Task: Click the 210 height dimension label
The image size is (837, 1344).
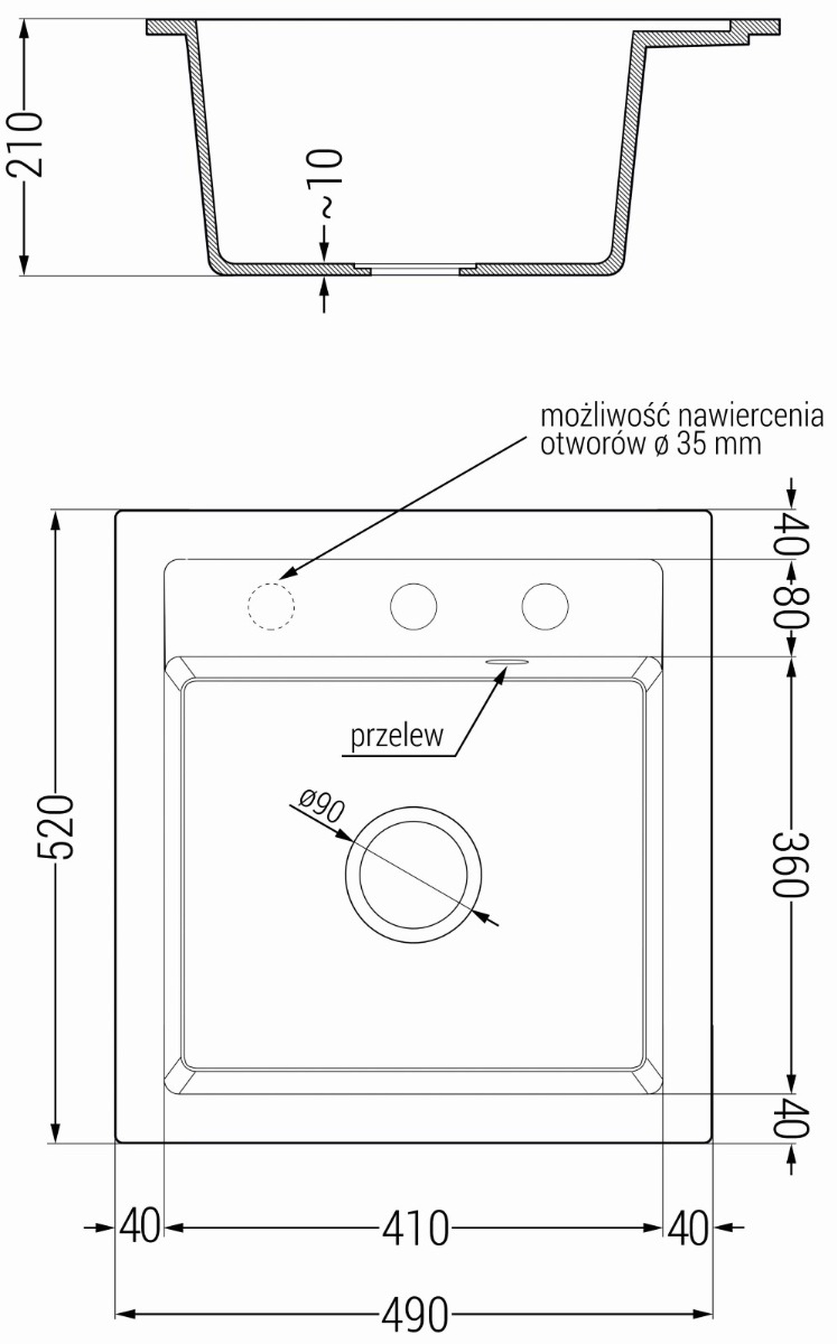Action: (25, 145)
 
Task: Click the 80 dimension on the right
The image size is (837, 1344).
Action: (792, 607)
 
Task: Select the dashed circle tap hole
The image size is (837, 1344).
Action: (271, 607)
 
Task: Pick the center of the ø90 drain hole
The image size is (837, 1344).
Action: (413, 875)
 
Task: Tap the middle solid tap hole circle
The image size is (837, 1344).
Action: (413, 607)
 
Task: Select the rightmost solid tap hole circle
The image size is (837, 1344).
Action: (545, 607)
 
